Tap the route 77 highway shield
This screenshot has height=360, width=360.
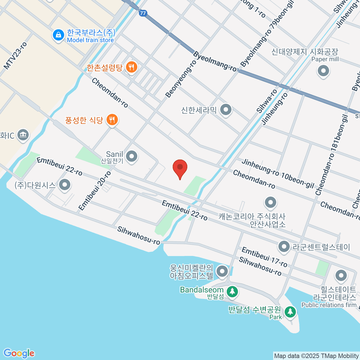(x=143, y=13)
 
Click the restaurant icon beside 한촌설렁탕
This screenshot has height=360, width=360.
(x=131, y=67)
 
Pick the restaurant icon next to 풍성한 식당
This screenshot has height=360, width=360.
(x=112, y=120)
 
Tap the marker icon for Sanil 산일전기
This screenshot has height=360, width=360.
(x=131, y=156)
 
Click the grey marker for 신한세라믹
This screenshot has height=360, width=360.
(x=226, y=110)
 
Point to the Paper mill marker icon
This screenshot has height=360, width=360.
(x=323, y=71)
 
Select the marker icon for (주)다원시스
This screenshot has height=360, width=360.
(x=64, y=185)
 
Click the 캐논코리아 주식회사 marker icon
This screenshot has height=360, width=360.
(x=271, y=203)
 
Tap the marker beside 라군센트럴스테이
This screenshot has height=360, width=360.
(x=283, y=247)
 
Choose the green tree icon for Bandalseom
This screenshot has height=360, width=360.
(x=232, y=291)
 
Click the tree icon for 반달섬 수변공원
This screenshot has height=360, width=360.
(x=290, y=312)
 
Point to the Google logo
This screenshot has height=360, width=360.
(x=19, y=353)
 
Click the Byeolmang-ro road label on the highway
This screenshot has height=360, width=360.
(x=215, y=61)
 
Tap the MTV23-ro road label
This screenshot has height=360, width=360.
(x=15, y=56)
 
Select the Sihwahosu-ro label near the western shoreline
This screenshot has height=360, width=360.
(x=139, y=235)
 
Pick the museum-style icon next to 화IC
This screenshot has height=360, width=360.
(x=23, y=135)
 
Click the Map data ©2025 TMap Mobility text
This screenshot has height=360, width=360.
(x=316, y=356)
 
